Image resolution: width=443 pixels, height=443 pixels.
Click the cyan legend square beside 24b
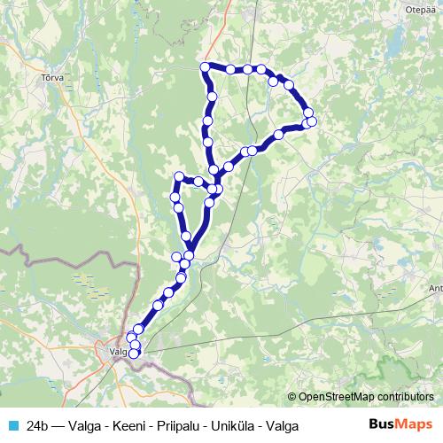click(12, 426)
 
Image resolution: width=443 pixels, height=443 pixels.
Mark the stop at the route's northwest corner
click(205, 67)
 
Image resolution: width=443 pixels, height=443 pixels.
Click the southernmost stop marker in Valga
click(134, 354)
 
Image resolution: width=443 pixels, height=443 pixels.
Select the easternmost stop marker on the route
click(312, 121)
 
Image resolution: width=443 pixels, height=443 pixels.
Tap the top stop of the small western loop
click(179, 176)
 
